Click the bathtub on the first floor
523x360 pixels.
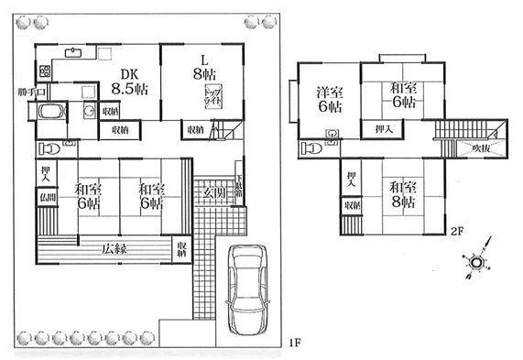48,114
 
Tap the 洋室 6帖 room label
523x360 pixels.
328,99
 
